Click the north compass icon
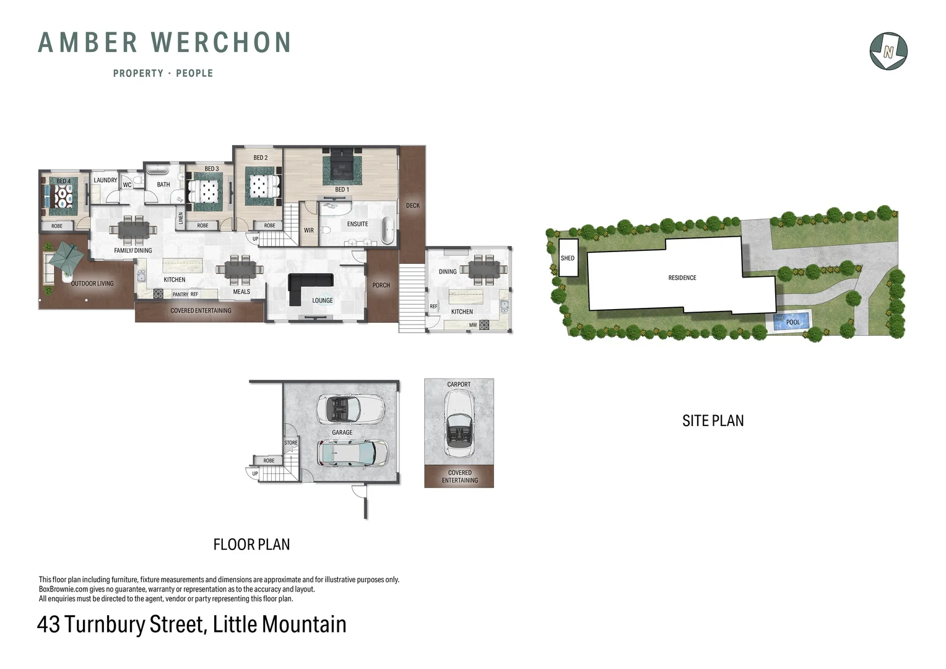[888, 51]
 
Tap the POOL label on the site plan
[792, 322]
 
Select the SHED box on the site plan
[568, 258]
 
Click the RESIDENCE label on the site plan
[682, 278]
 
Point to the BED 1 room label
[342, 190]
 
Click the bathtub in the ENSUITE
[388, 230]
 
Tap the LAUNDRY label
[105, 180]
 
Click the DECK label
[412, 206]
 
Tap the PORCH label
[381, 285]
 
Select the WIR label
[308, 230]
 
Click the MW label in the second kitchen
[472, 325]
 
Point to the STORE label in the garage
[290, 443]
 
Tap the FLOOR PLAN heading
[251, 544]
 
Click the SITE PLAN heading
[713, 421]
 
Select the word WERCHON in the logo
[221, 43]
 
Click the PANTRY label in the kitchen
[180, 295]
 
